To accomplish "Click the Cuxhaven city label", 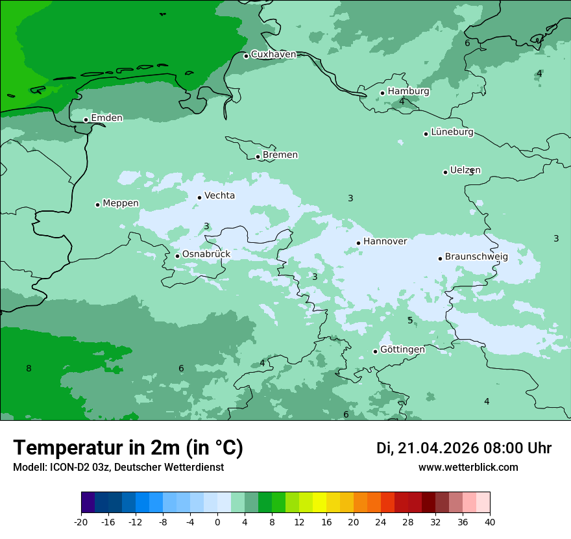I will click(x=273, y=55).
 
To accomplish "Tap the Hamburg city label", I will click(x=408, y=92).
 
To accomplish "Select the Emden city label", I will click(x=106, y=118).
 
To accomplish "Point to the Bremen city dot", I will click(x=258, y=157).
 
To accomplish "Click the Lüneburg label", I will click(x=452, y=132).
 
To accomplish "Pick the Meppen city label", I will click(x=120, y=203).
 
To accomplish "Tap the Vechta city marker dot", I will click(x=199, y=197).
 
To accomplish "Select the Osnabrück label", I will click(x=206, y=255).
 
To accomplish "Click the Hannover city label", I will click(x=385, y=242).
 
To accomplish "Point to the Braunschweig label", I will click(x=476, y=257).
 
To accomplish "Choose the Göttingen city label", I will click(x=402, y=350).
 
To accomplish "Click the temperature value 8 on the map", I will click(x=29, y=369).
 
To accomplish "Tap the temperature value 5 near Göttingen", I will click(x=410, y=321).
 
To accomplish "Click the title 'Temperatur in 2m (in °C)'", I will click(x=128, y=448).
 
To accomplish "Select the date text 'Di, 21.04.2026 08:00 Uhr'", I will click(x=464, y=448).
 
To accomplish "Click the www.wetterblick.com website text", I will click(x=468, y=468).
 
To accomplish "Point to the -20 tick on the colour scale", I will click(x=81, y=522).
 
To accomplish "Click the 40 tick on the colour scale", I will click(x=490, y=522).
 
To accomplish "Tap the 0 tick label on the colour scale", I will click(x=217, y=522).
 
